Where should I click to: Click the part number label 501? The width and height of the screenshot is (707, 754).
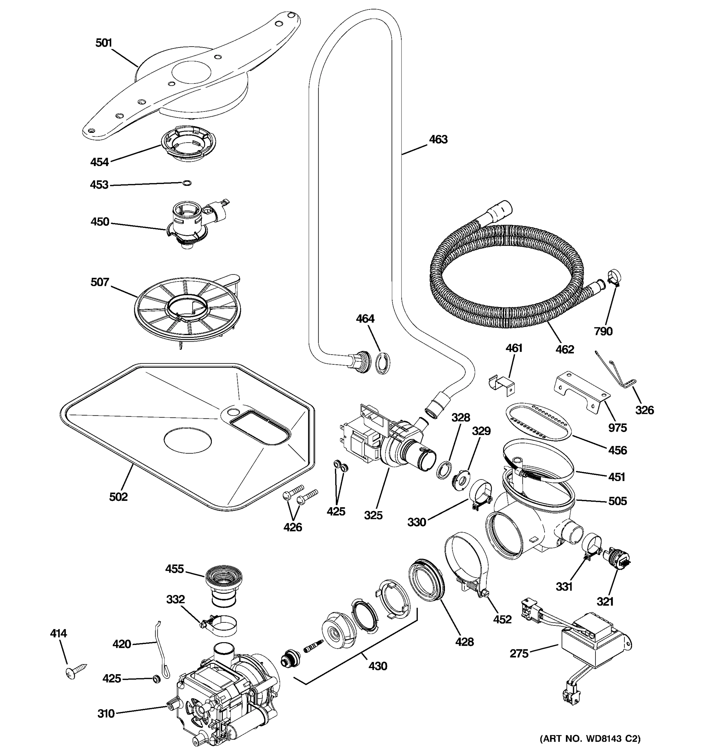[x=104, y=43]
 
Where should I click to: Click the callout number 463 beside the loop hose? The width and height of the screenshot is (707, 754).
[x=438, y=139]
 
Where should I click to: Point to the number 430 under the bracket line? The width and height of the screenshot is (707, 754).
[x=378, y=666]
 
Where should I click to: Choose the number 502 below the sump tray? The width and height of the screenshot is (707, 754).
[x=118, y=496]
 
